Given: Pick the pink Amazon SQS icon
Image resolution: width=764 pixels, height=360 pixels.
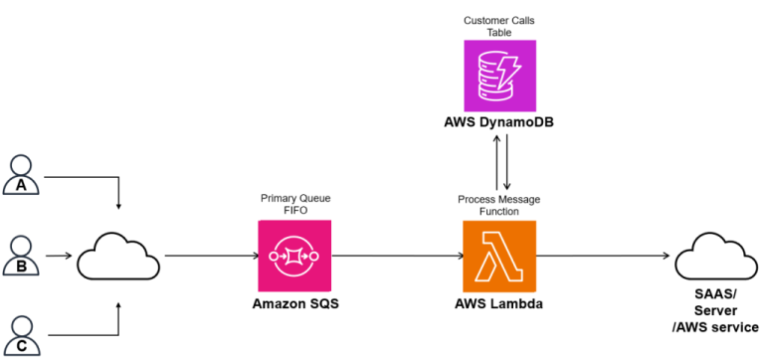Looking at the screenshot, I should coord(294,256).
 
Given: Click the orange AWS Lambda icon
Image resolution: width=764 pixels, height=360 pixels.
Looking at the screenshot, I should coord(499,256).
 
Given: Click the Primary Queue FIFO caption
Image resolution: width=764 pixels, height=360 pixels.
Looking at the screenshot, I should coord(294,205).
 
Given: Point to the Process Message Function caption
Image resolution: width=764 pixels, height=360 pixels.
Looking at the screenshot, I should coord(499,205).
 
